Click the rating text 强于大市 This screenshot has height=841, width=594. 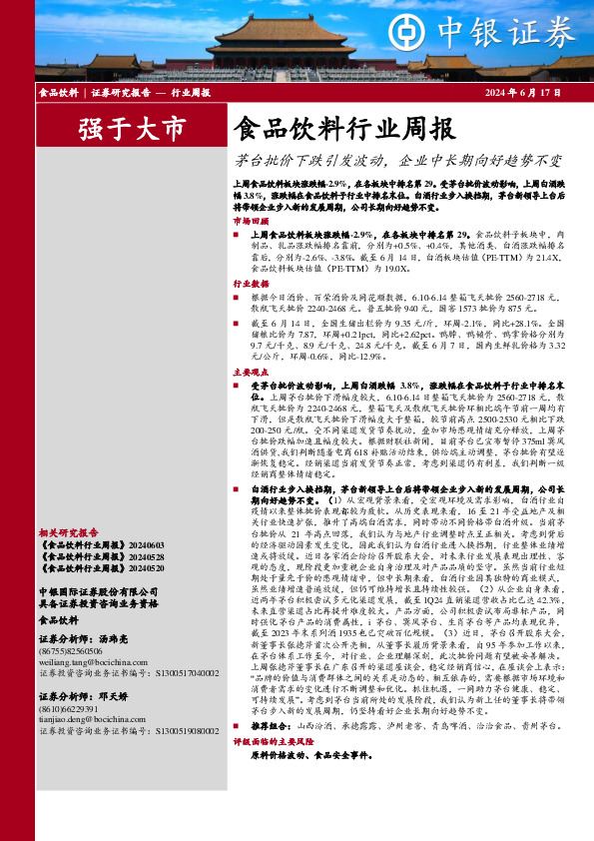(x=133, y=129)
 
